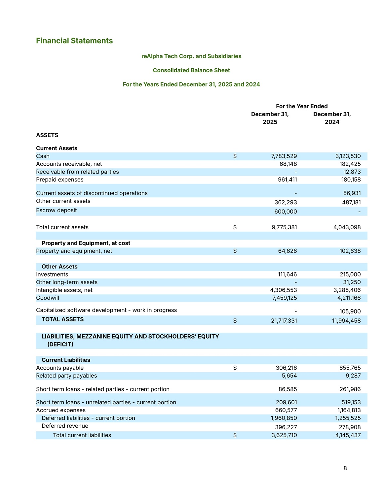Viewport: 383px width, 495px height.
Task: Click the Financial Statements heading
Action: point(74,41)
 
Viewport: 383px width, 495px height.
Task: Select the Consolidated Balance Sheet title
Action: point(191,70)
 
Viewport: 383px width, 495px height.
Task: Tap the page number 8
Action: point(345,468)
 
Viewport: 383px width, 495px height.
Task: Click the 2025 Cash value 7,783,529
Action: point(284,156)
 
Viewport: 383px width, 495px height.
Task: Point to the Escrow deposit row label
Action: point(56,211)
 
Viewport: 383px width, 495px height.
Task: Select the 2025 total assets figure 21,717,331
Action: point(284,321)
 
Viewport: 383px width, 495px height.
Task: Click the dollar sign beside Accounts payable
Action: point(235,368)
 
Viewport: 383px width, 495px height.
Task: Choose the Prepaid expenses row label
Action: point(59,180)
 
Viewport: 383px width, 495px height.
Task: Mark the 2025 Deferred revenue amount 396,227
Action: point(286,427)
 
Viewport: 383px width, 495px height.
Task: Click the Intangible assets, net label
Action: point(64,290)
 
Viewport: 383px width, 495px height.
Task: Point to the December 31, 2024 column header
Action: point(332,118)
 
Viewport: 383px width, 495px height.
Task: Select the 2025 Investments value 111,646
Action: point(287,275)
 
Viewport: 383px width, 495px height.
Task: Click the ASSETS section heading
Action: point(47,135)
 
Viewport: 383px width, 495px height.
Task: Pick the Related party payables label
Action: point(66,376)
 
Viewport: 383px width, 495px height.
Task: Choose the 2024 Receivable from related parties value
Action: point(352,172)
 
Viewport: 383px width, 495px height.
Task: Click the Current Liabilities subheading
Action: point(66,360)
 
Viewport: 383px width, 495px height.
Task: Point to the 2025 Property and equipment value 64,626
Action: point(287,251)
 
